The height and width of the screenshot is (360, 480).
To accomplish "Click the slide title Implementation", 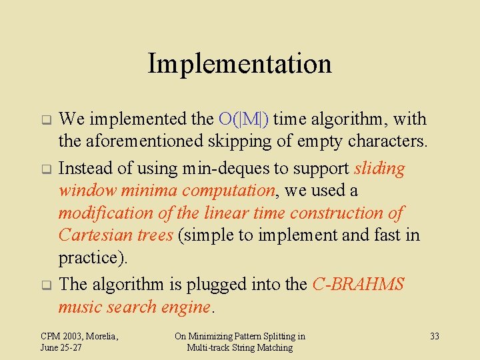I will [239, 64].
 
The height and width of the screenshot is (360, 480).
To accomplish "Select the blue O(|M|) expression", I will [243, 119].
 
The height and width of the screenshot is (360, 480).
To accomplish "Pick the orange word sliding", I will [379, 169].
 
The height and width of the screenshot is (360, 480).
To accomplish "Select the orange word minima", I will [151, 191].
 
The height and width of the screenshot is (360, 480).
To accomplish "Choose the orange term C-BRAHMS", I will [358, 285].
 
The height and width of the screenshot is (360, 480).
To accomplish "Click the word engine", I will [189, 307].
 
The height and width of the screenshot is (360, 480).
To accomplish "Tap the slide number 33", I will [434, 336].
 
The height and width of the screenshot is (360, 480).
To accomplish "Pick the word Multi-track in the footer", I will [210, 348].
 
